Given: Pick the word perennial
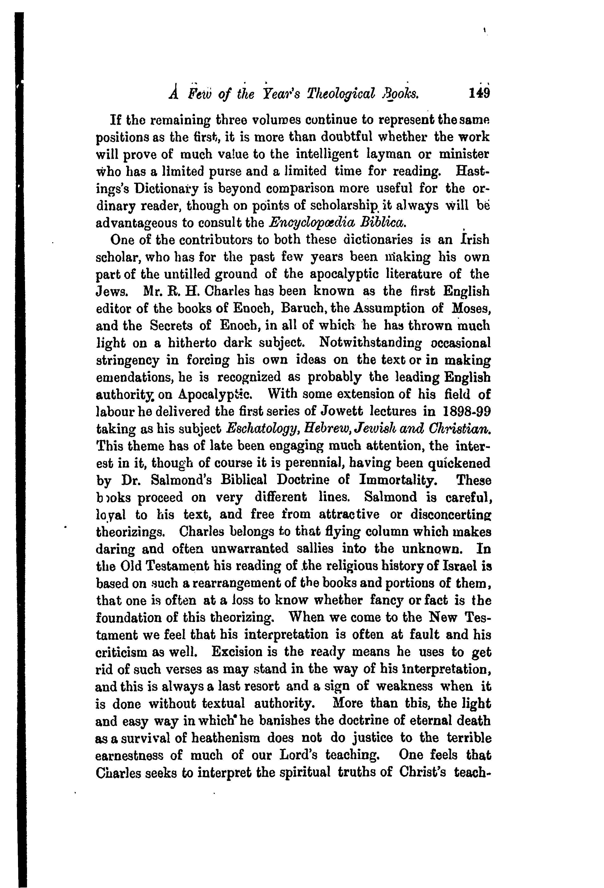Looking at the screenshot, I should click(x=323, y=463).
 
